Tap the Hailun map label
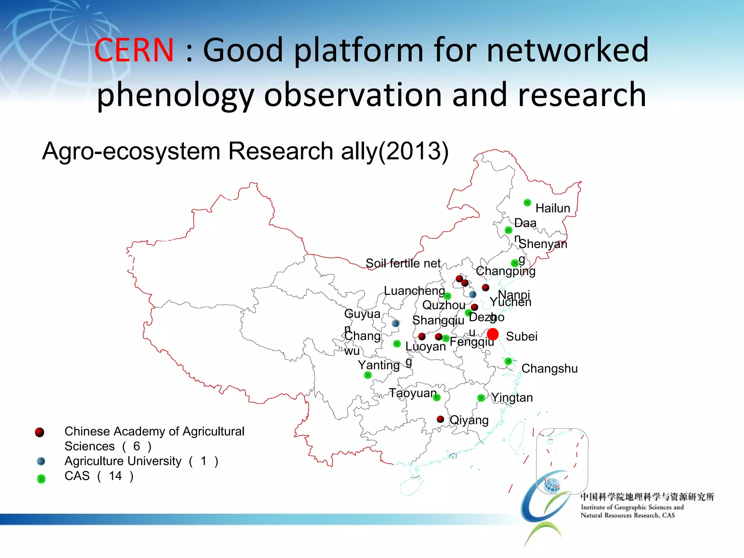[x=553, y=208]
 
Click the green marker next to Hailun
[x=527, y=203]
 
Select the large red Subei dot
[x=493, y=334]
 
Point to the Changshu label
[x=549, y=368]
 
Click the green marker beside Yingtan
[x=481, y=398]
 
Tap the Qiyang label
[x=469, y=420]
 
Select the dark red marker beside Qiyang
[x=440, y=419]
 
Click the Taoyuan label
[x=413, y=393]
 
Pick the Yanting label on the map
[x=379, y=365]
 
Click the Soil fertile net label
[x=403, y=263]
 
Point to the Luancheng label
[x=414, y=291]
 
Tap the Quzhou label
[x=444, y=305]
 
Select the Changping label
[x=506, y=271]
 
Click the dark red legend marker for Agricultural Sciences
[x=40, y=432]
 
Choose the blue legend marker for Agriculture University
[x=41, y=461]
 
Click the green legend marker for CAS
[x=41, y=479]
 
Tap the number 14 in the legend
[x=115, y=476]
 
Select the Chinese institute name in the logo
[x=647, y=497]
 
